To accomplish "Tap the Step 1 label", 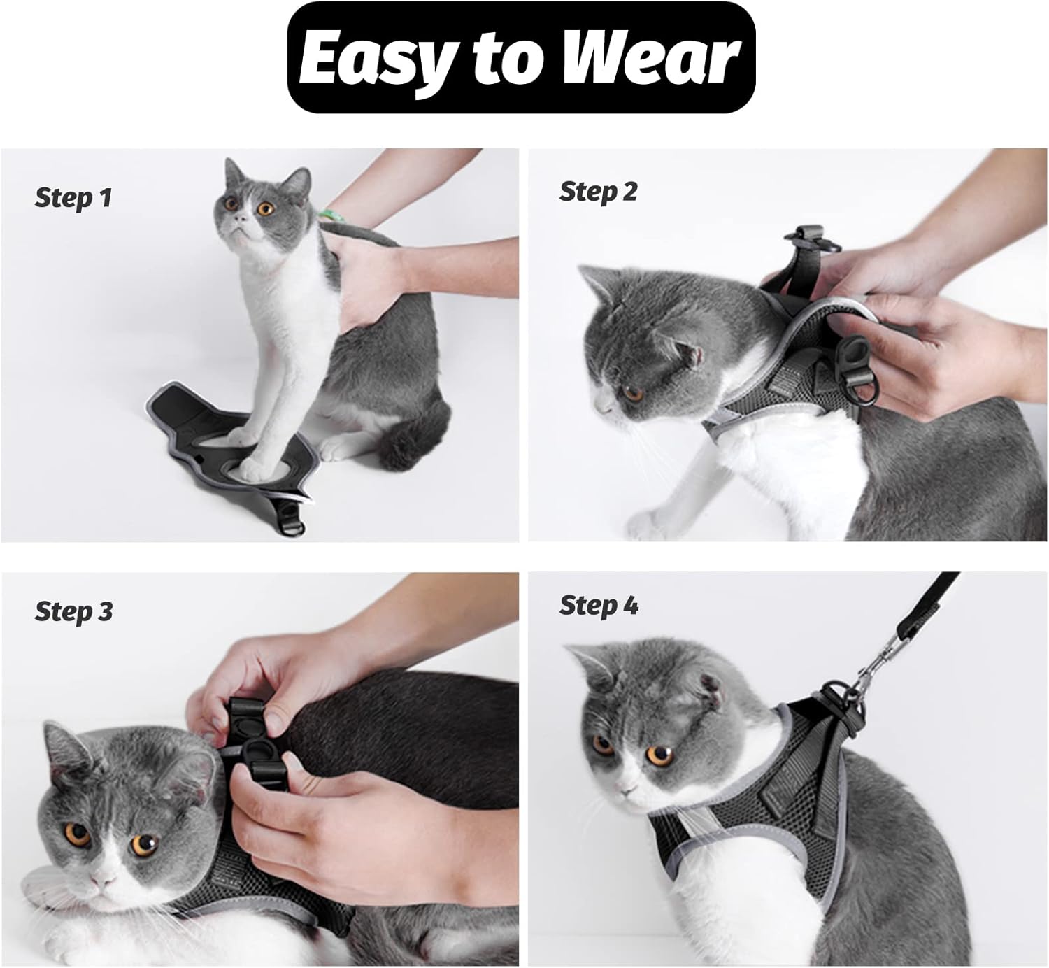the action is click(73, 199).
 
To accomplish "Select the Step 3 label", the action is click(74, 612).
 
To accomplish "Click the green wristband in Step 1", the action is click(330, 215).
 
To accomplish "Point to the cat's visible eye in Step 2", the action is click(632, 392).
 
